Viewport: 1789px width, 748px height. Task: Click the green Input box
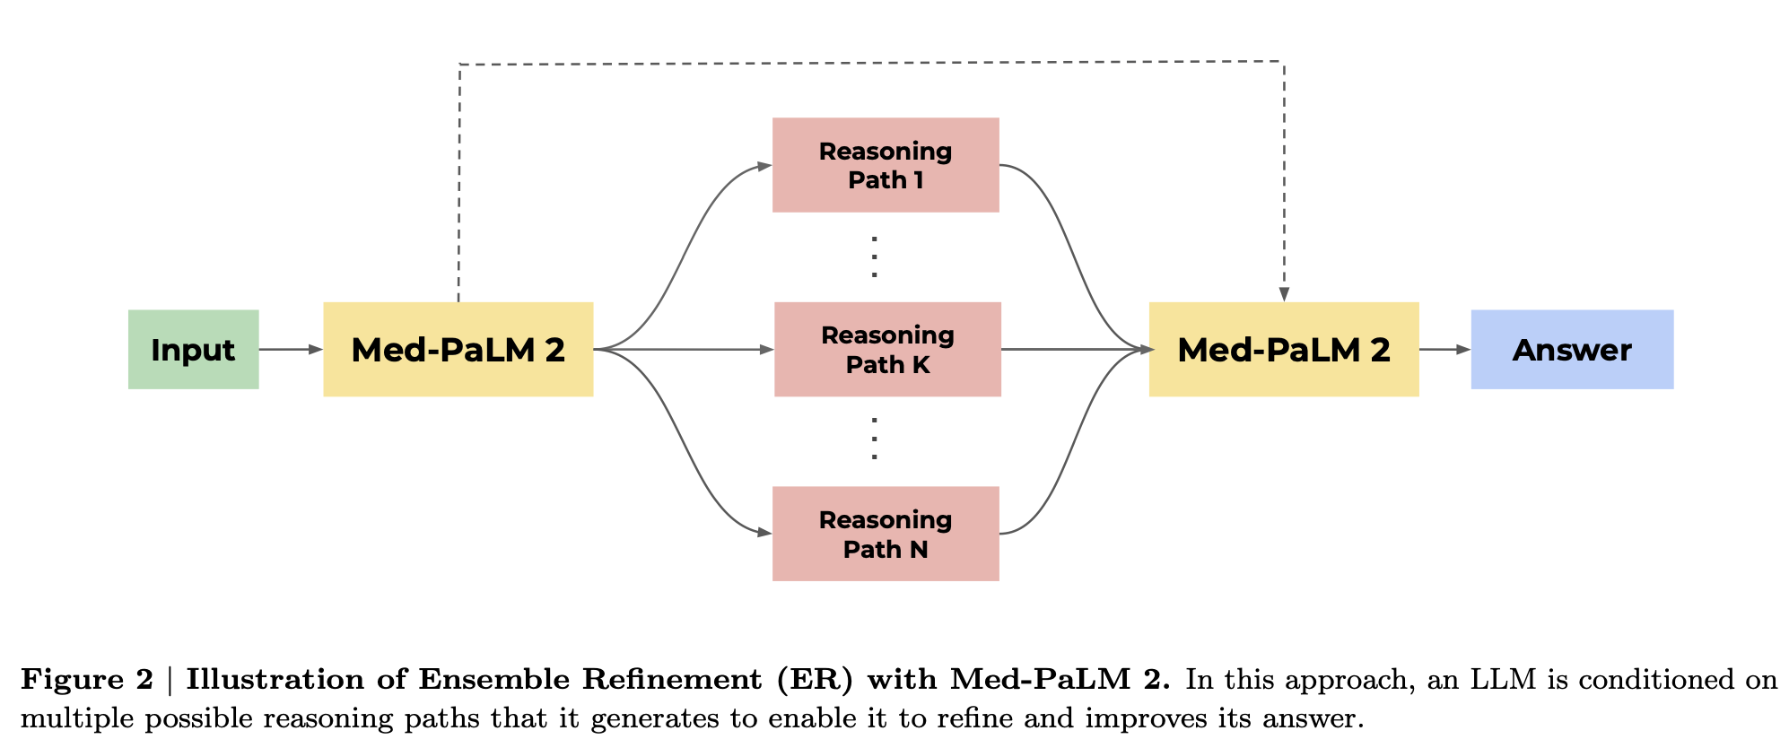pos(193,349)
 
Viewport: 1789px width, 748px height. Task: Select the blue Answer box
pos(1572,349)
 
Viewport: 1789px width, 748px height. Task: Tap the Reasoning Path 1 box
pos(886,165)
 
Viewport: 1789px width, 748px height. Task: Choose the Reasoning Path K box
pos(887,349)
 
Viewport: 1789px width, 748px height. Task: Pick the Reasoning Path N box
pos(886,534)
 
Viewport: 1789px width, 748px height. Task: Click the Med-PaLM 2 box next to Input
pos(458,349)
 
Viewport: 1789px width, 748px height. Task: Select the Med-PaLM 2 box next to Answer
pos(1284,349)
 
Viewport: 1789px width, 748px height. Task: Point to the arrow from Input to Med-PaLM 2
pos(291,349)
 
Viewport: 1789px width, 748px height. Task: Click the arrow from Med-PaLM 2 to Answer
pos(1445,349)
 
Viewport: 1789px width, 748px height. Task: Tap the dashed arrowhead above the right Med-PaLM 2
pos(1284,294)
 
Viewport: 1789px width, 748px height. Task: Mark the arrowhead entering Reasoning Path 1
pos(764,166)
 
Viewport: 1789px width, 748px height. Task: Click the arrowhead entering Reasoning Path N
pos(764,533)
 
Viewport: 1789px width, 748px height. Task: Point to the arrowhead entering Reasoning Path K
pos(766,350)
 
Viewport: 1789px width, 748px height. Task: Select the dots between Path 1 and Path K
pos(874,257)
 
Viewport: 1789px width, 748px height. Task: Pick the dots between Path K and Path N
pos(874,439)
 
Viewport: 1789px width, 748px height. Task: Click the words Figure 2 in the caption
pos(87,679)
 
